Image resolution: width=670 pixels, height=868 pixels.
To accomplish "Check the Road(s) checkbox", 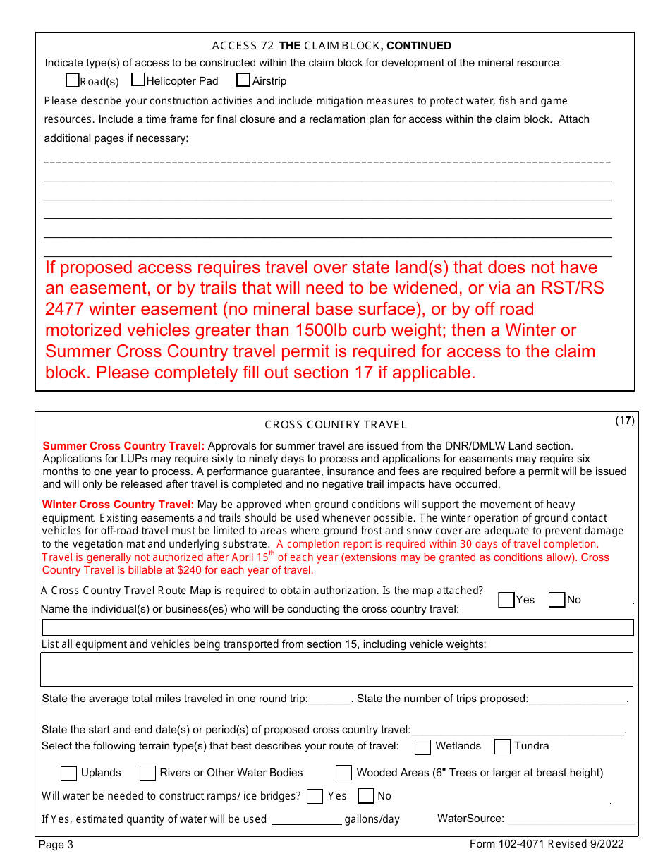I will tap(72, 80).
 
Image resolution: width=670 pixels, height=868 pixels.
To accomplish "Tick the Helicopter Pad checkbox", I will tap(138, 80).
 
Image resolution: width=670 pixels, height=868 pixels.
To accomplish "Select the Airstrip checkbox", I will tap(243, 80).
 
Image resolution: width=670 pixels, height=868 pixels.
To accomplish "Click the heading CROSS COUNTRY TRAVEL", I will tap(336, 425).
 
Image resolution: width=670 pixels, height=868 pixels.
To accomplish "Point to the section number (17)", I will tap(625, 421).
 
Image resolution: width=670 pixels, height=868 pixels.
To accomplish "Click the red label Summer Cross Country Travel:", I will tap(123, 446).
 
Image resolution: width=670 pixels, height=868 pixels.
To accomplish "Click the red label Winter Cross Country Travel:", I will tap(118, 505).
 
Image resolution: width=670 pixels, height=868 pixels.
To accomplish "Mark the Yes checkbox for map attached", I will tap(506, 600).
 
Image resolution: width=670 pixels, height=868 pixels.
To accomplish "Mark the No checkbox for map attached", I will tap(556, 600).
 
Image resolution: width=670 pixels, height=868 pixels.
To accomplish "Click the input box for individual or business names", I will tap(338, 627).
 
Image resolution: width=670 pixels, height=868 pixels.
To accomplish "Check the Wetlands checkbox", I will tap(422, 747).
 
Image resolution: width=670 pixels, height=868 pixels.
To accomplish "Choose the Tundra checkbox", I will tap(502, 747).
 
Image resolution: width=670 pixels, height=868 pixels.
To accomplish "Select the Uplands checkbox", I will tap(68, 773).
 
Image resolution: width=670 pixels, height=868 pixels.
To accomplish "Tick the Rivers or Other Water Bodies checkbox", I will tap(147, 773).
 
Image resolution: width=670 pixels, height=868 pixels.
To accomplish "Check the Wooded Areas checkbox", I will tap(343, 773).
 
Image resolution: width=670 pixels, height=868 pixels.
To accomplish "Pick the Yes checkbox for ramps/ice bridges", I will tap(315, 797).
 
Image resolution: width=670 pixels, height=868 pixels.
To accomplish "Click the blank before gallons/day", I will tap(306, 819).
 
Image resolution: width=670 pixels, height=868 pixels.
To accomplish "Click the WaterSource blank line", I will tap(571, 819).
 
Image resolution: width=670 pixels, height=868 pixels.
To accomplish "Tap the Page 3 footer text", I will tap(56, 845).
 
